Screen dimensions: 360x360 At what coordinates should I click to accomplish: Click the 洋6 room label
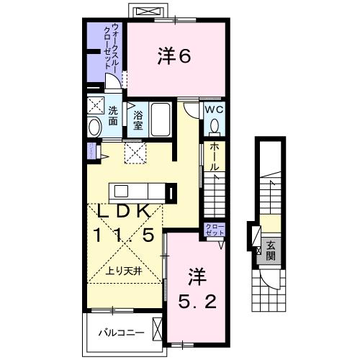(174, 57)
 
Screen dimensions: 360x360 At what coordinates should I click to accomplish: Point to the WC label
(215, 109)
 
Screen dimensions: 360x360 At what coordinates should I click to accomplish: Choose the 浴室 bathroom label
(137, 120)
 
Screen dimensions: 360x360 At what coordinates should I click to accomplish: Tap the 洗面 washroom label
(114, 117)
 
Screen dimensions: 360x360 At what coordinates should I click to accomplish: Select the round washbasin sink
(94, 128)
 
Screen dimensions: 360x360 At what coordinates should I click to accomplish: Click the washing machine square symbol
(96, 107)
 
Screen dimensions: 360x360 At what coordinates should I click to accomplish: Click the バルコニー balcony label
(122, 334)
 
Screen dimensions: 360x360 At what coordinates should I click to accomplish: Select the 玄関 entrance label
(269, 250)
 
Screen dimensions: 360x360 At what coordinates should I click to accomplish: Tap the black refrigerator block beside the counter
(171, 193)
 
